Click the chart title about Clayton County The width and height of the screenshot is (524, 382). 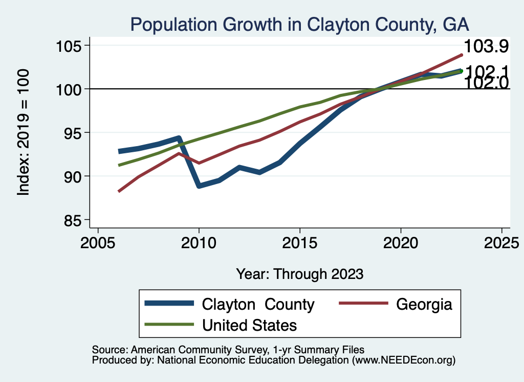pos(299,24)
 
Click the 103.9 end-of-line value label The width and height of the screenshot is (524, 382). pos(486,47)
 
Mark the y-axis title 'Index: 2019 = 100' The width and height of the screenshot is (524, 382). pos(24,132)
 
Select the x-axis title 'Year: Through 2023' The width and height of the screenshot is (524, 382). pos(299,274)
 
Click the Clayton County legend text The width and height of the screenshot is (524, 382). pos(258,304)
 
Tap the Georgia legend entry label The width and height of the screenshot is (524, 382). pos(424,304)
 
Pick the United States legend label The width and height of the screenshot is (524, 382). pos(250,325)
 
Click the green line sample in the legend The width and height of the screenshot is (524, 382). pos(169,325)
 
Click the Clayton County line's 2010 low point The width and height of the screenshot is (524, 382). pos(199,186)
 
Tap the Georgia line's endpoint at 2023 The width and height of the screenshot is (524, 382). pos(462,55)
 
